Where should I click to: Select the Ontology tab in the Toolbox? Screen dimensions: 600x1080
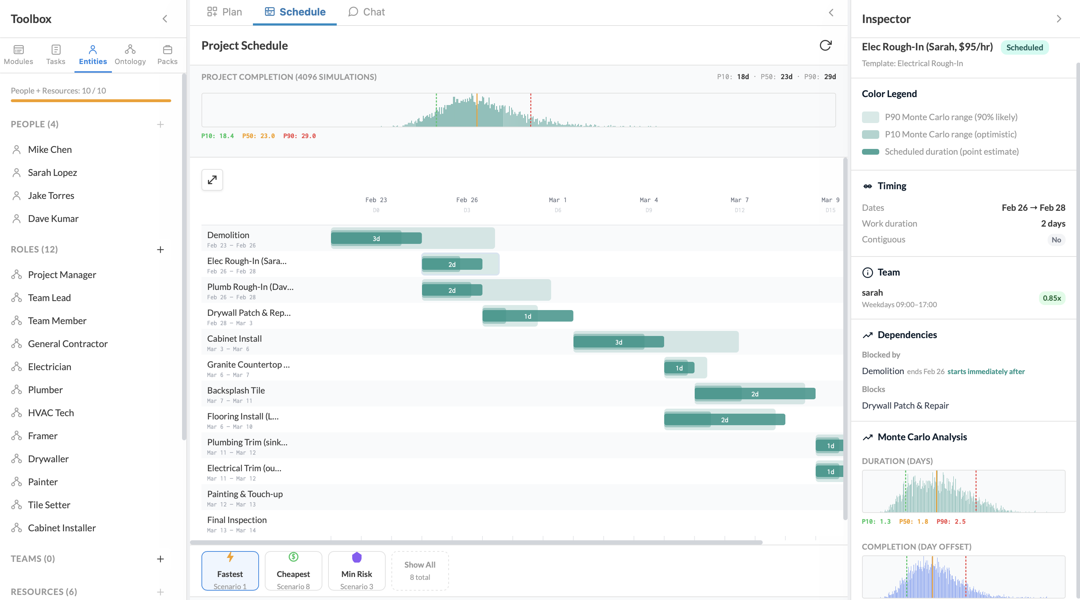[x=130, y=55]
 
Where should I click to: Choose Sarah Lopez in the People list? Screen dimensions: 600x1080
[x=52, y=173]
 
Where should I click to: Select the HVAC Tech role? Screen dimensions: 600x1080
[x=51, y=413]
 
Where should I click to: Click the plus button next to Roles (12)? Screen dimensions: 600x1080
[x=160, y=250]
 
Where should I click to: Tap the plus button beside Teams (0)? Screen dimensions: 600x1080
[x=160, y=559]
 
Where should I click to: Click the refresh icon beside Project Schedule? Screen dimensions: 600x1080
[x=825, y=45]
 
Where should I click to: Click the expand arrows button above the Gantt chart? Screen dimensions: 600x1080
[x=212, y=180]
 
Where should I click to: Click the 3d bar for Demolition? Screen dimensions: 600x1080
[x=376, y=238]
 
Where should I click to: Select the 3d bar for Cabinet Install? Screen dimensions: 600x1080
[x=618, y=342]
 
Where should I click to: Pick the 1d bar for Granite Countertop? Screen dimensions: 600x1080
[x=679, y=368]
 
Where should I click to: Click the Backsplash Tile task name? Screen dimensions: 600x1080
[x=236, y=390]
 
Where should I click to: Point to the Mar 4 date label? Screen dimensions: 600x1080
[x=649, y=200]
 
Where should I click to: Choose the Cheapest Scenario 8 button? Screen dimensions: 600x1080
[x=293, y=571]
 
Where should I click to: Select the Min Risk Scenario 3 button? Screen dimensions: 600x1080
[x=357, y=571]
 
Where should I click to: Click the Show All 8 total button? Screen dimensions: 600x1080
[x=420, y=571]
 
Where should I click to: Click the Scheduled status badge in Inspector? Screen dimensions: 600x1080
[x=1024, y=47]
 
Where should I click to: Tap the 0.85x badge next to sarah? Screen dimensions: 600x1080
[x=1052, y=298]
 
